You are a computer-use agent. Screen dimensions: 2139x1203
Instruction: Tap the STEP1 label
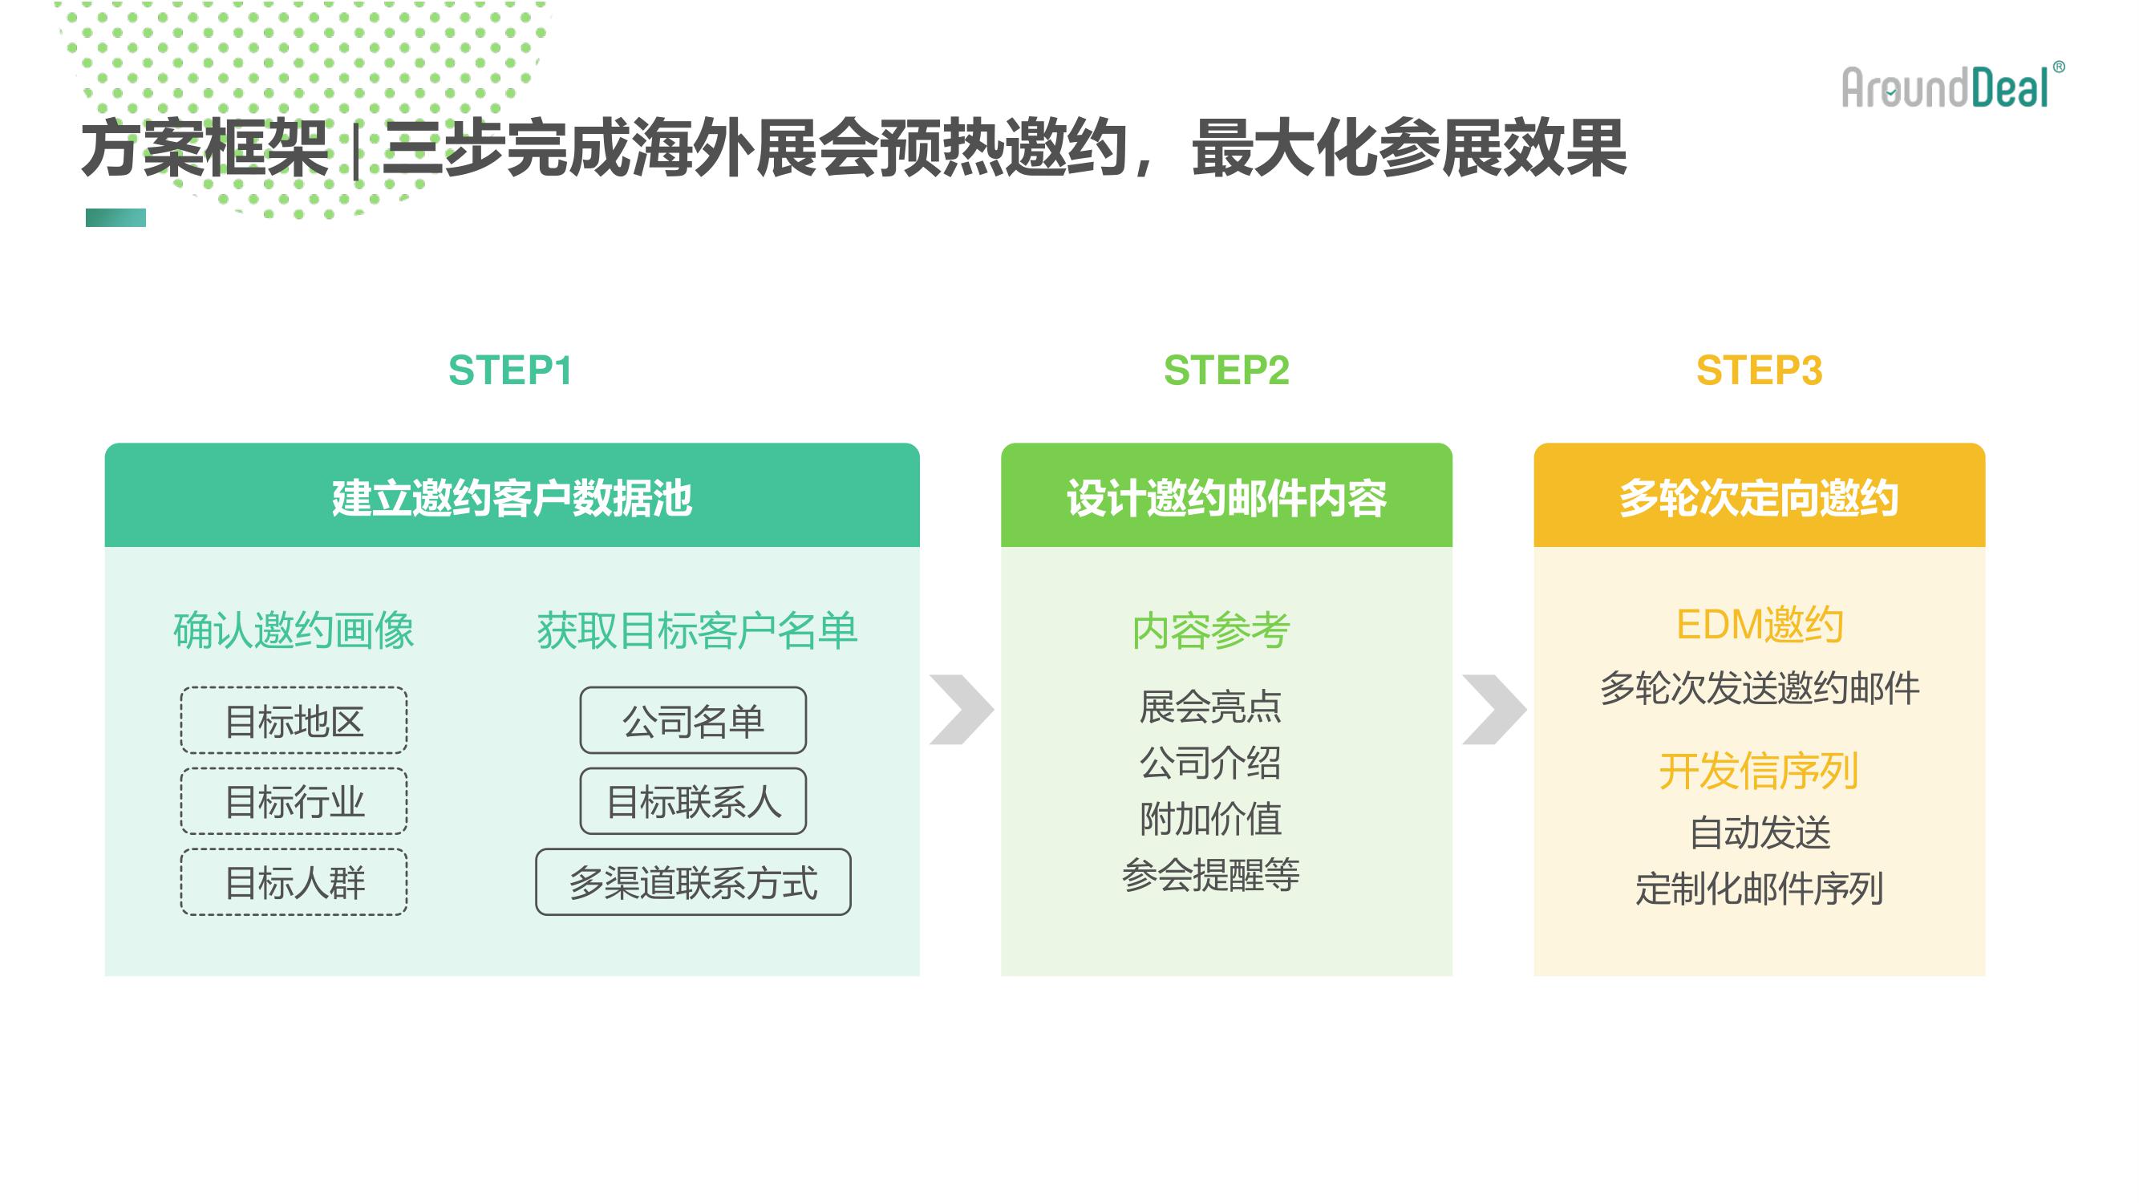(511, 371)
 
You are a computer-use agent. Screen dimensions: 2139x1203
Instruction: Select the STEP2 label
(1226, 371)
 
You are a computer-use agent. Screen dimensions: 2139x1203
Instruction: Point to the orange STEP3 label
(1759, 371)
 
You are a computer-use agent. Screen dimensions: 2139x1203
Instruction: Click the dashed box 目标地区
(294, 720)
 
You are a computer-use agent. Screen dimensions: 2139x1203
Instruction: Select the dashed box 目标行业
(294, 801)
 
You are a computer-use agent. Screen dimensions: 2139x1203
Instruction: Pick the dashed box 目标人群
(294, 881)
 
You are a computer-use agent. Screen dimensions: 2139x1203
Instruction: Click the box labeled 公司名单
(693, 720)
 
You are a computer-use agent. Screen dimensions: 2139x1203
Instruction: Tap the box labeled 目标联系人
(693, 801)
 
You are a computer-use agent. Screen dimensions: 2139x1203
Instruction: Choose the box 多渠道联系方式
(693, 881)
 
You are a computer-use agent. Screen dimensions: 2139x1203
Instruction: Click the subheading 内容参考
(1211, 631)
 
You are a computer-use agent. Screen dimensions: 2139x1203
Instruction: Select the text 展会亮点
(1211, 707)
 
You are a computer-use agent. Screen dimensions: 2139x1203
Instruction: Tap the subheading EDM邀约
(1760, 626)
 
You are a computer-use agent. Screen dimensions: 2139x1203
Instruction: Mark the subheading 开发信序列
(1759, 772)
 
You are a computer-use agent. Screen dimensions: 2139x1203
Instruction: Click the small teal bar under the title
(116, 217)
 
